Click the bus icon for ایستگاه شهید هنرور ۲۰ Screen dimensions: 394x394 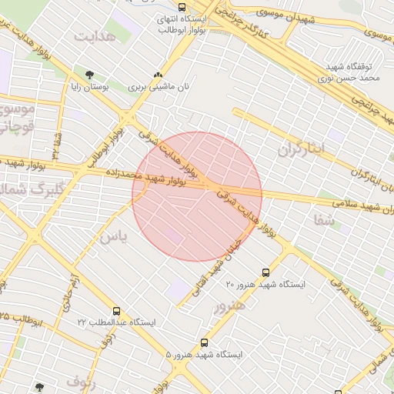(266, 272)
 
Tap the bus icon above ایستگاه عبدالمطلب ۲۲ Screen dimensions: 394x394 (116, 311)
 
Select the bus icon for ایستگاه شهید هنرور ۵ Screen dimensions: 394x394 (204, 342)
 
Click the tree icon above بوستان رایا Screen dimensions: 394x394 (90, 75)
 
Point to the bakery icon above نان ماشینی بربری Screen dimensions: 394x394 (159, 75)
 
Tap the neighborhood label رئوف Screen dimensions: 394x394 (81, 380)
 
